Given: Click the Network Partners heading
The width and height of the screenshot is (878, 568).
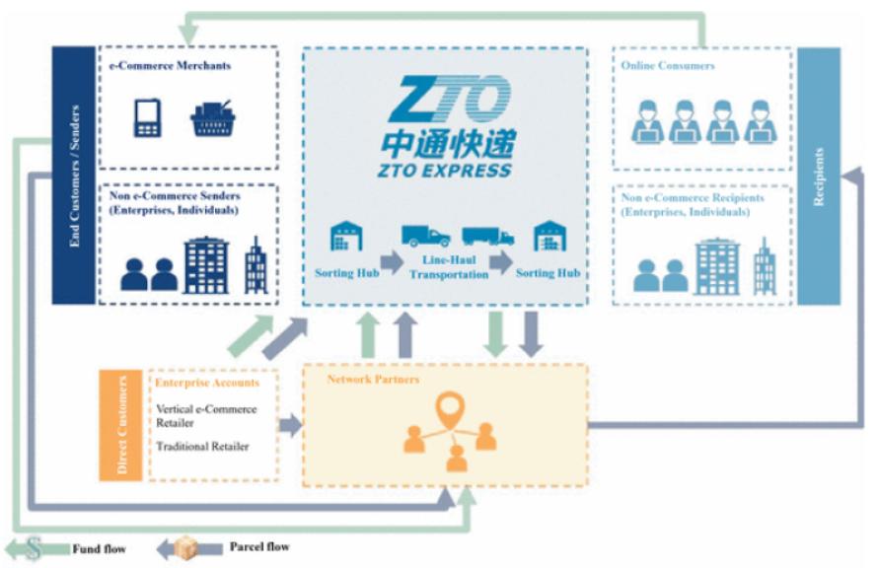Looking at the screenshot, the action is pyautogui.click(x=373, y=380).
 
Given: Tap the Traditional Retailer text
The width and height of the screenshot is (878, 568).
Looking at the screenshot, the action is pyautogui.click(x=202, y=447).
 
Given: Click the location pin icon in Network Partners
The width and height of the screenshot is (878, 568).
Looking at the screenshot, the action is pyautogui.click(x=451, y=407).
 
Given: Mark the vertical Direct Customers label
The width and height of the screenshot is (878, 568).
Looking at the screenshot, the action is pyautogui.click(x=122, y=425).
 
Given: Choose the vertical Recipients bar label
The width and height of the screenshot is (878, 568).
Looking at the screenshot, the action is pyautogui.click(x=818, y=177).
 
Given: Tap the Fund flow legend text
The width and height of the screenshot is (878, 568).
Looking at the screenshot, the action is pyautogui.click(x=100, y=548).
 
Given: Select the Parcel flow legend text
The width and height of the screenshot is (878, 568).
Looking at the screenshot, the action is pyautogui.click(x=260, y=546).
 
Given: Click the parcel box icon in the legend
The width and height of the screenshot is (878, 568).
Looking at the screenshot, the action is pyautogui.click(x=186, y=546).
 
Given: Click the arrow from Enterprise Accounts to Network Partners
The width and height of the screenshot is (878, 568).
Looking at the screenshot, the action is pyautogui.click(x=290, y=426).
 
